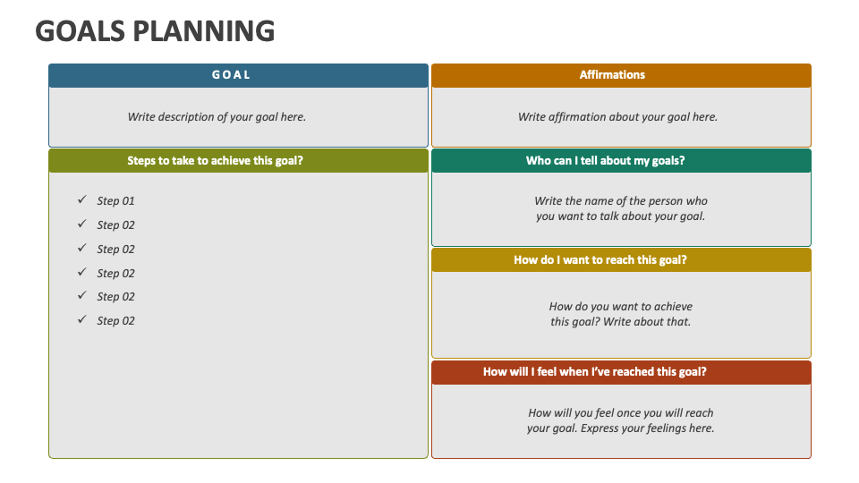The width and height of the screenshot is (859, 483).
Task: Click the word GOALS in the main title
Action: pos(80,31)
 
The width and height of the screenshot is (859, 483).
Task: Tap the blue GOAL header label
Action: pos(231,75)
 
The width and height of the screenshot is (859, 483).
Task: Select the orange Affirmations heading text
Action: pos(612,75)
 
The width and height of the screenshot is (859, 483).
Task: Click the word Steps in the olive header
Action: pos(143,161)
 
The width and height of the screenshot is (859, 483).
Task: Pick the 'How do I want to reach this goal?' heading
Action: pos(600,260)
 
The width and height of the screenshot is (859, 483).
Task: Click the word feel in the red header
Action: pos(544,372)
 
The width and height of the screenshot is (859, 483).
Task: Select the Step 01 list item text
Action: pos(115,201)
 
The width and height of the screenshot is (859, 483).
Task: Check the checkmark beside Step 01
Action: pos(81,200)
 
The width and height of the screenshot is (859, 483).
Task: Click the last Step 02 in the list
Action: pos(115,321)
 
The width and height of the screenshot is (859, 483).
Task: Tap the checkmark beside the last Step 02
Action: pos(81,320)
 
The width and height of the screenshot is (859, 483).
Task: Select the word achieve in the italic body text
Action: pos(673,307)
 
